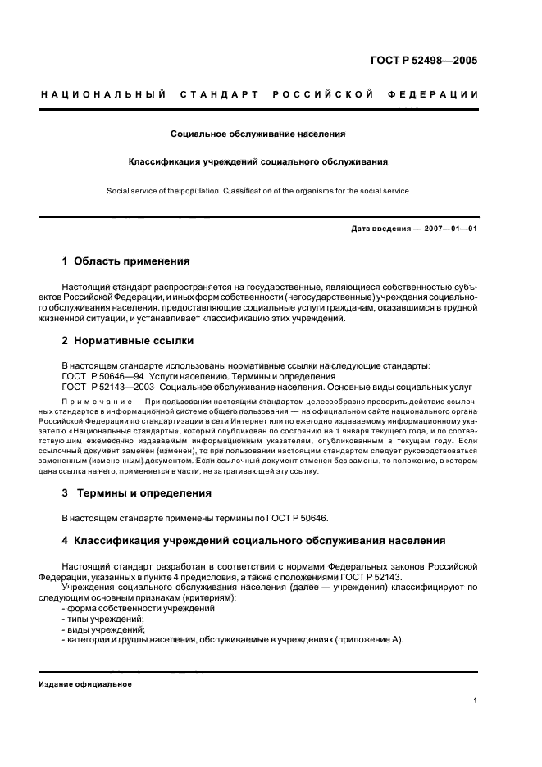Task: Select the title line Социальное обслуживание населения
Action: click(257, 132)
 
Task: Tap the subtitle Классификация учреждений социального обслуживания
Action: click(257, 161)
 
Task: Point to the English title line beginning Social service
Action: click(257, 191)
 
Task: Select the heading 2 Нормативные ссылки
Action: click(128, 340)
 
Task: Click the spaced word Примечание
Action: click(102, 402)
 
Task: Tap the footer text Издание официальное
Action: click(85, 684)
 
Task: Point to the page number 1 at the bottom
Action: click(475, 701)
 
